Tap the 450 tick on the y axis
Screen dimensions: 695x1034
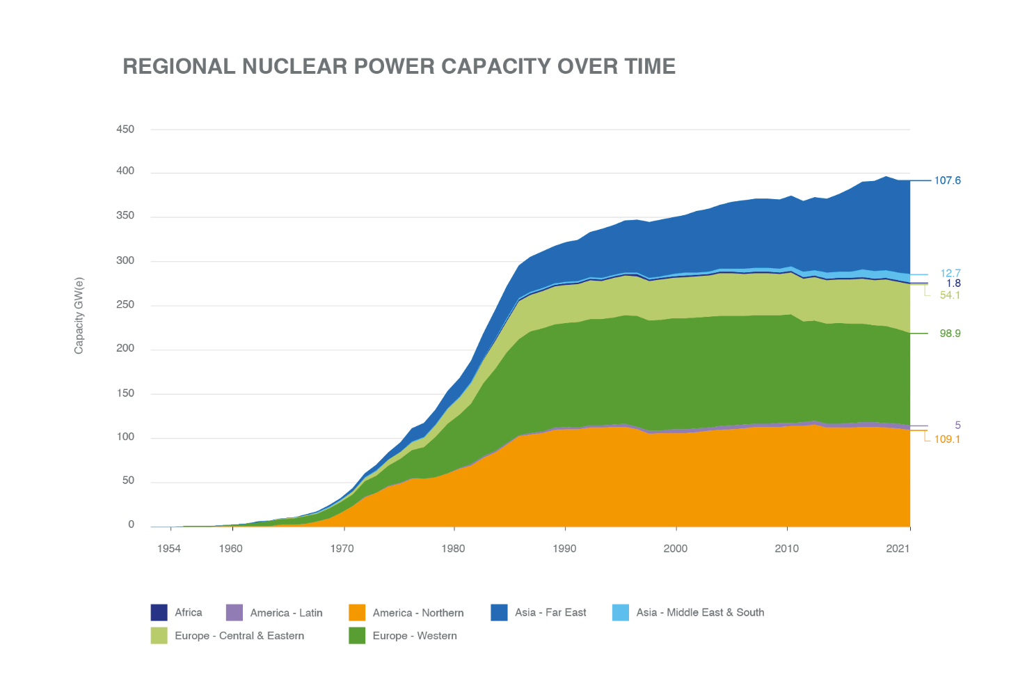click(125, 129)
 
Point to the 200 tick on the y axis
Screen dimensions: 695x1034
click(125, 348)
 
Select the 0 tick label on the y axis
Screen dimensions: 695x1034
click(131, 524)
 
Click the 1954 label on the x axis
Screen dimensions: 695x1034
click(169, 549)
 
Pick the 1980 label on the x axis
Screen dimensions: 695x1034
click(453, 549)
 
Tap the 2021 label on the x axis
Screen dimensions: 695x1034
click(898, 549)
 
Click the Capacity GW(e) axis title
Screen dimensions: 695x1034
click(79, 315)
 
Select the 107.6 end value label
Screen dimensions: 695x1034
click(947, 180)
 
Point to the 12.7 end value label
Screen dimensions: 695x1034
click(951, 273)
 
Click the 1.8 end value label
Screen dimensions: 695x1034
click(953, 283)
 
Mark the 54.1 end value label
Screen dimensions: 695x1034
click(950, 295)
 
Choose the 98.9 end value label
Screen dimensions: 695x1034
click(950, 334)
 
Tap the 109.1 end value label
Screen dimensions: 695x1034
click(947, 439)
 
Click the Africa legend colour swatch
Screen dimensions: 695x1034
click(159, 612)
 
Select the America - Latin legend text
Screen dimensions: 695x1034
click(286, 613)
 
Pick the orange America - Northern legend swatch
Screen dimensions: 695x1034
click(357, 612)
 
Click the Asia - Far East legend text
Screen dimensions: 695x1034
click(550, 612)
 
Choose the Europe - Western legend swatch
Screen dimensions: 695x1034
click(357, 635)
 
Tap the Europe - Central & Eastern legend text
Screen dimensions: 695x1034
click(239, 636)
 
